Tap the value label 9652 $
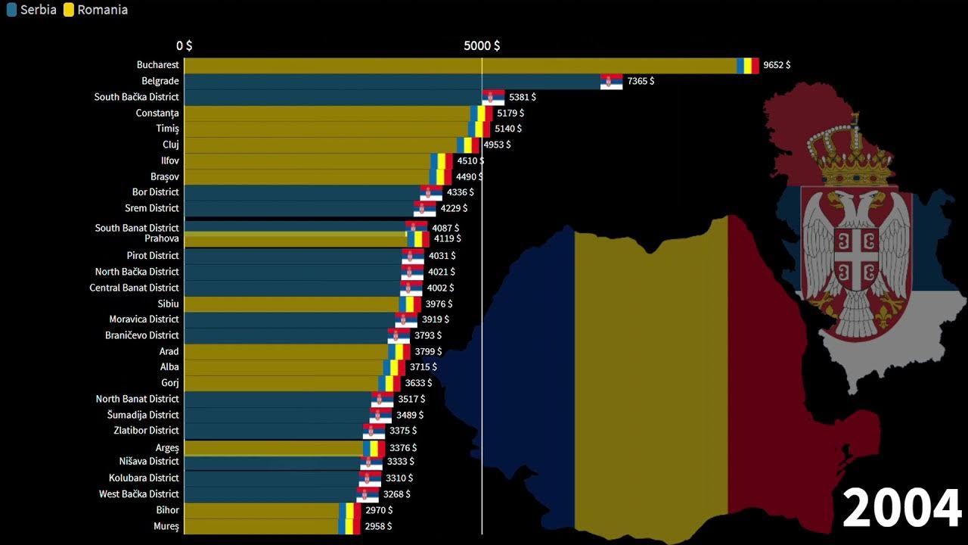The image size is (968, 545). point(777,66)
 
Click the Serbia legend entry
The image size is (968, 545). point(32,11)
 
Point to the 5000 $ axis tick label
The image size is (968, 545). point(482,46)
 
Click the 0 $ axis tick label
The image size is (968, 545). point(184,46)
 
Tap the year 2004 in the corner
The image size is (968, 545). point(901,509)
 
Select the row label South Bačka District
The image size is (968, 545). point(137,97)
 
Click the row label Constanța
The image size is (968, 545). point(157,114)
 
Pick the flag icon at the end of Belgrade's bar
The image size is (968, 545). point(611,82)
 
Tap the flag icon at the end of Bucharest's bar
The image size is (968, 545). point(748,66)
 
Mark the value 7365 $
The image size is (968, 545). point(641,81)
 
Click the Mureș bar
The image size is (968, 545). point(261,526)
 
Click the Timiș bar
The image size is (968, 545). point(325,129)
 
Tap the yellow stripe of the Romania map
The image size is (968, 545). point(650,378)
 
